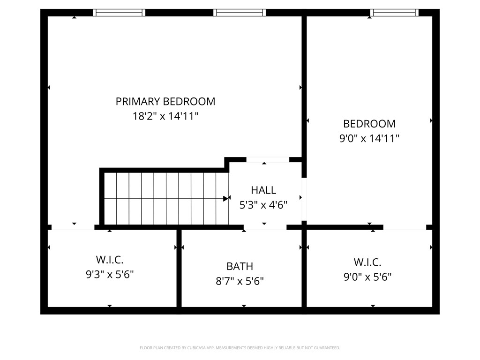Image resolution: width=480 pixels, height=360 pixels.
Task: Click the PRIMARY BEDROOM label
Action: [x=165, y=101]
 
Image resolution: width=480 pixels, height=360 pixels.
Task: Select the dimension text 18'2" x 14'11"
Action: [x=165, y=116]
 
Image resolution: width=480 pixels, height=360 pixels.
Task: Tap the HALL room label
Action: [x=263, y=190]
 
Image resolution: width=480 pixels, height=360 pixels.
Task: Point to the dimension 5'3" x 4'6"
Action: [x=263, y=205]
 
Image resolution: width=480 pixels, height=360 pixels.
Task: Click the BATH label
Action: [x=240, y=266]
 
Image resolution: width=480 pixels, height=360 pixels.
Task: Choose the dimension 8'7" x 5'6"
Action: [x=240, y=281]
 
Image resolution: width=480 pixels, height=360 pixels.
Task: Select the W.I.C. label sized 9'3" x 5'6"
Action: [x=110, y=260]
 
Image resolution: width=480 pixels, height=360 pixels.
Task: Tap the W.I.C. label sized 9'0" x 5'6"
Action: [x=367, y=262]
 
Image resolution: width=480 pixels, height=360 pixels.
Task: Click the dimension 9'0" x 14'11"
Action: [x=369, y=138]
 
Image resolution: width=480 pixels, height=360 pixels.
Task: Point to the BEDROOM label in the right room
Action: [x=369, y=124]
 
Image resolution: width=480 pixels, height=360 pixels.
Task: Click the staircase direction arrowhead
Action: [x=226, y=199]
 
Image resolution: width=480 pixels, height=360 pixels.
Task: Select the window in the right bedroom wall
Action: [x=394, y=13]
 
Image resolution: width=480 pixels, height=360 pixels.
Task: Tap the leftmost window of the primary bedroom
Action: [x=119, y=13]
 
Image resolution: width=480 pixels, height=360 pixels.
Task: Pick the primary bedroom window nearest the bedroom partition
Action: [x=240, y=13]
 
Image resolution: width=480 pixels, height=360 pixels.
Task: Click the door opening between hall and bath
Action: [x=265, y=227]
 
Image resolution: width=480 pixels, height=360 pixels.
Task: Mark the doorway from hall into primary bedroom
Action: [x=268, y=159]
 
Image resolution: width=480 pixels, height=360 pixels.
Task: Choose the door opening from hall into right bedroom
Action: [x=304, y=199]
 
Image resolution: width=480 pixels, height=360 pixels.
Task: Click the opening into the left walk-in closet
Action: [x=73, y=227]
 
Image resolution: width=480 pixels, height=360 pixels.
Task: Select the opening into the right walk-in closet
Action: [x=405, y=227]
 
